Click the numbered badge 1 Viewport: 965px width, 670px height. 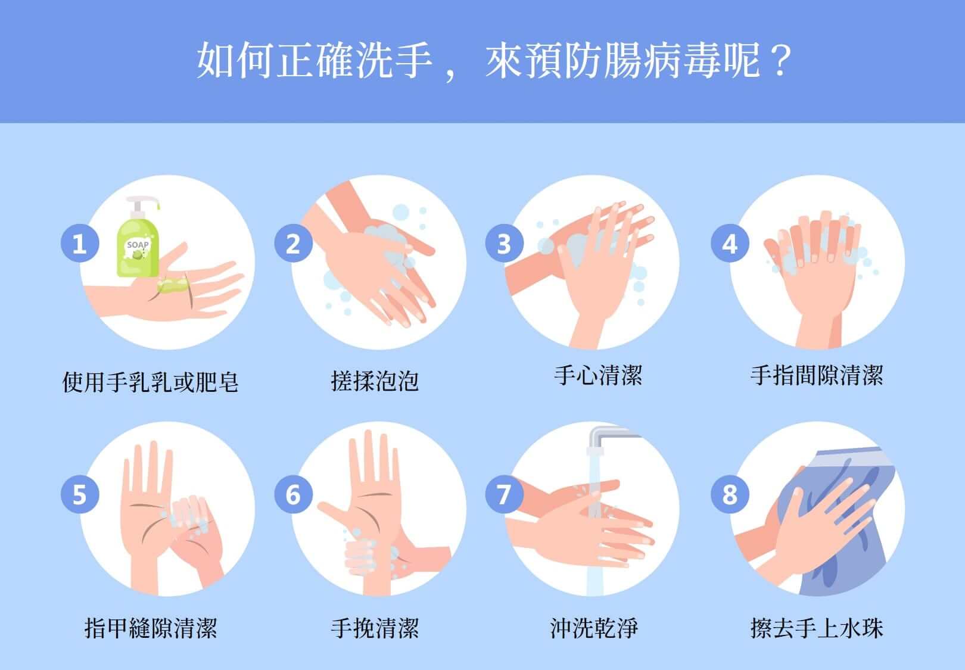point(80,243)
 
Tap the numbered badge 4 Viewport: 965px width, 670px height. point(730,243)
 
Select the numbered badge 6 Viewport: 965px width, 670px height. point(294,494)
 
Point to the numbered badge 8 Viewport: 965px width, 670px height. point(730,494)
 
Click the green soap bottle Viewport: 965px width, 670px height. point(138,249)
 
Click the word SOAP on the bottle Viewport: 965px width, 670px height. point(138,245)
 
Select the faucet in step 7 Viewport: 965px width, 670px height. point(612,439)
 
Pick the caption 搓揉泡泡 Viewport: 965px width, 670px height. point(375,381)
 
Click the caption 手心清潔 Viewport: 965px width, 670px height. point(598,375)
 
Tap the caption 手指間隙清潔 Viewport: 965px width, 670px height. point(817,375)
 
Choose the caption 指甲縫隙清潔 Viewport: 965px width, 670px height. point(151,628)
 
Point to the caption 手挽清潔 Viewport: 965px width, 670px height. point(375,628)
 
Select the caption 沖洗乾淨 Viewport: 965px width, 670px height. point(594,628)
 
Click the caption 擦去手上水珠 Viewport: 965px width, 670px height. point(817,628)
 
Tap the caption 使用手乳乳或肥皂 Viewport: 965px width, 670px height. point(150,382)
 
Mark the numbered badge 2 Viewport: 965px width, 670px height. point(294,243)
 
